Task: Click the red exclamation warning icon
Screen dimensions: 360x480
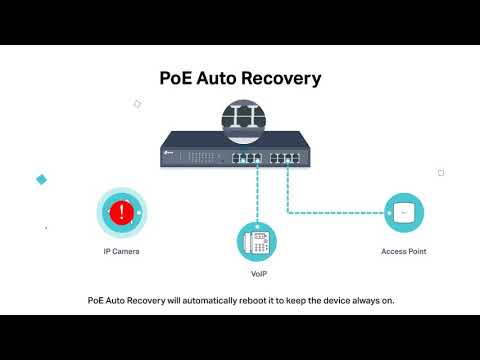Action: (x=122, y=212)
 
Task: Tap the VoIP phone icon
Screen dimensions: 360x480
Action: (x=256, y=241)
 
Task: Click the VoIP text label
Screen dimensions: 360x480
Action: (x=257, y=274)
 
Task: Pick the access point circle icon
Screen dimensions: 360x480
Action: (x=404, y=212)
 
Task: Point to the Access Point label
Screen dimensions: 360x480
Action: (x=404, y=252)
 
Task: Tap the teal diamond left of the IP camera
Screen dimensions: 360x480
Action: (x=42, y=179)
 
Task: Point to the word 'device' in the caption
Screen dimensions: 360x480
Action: (x=342, y=299)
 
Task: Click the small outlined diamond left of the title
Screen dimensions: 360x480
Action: (x=137, y=103)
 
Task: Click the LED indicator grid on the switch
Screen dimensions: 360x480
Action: (x=201, y=155)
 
